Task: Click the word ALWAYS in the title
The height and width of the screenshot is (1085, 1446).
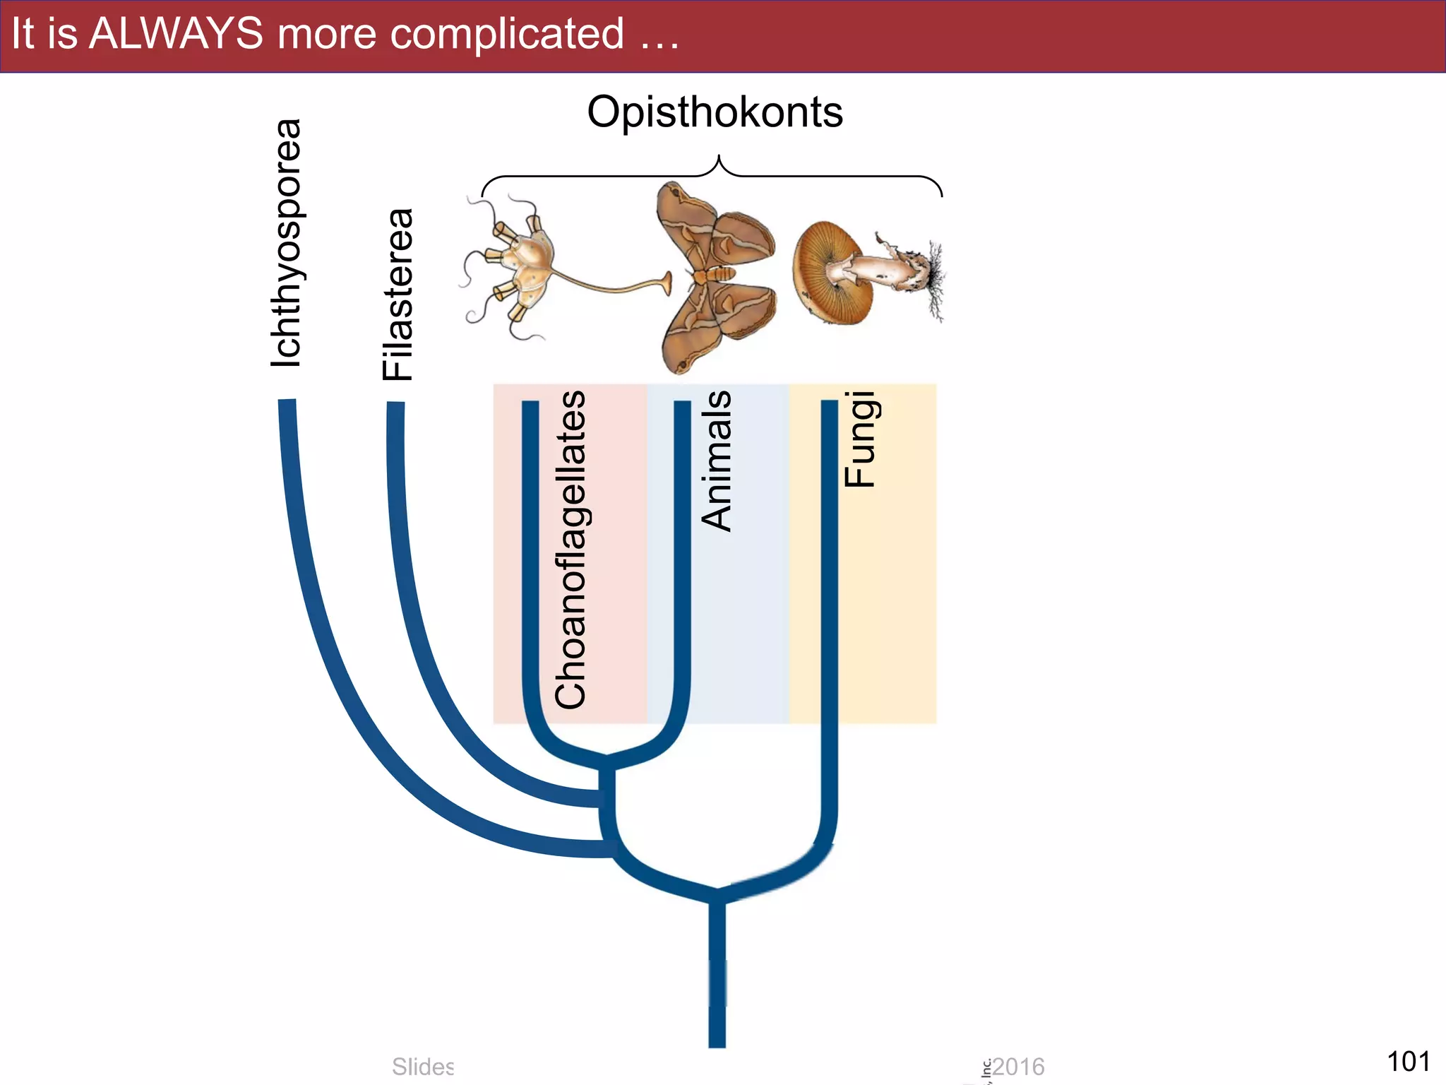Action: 176,33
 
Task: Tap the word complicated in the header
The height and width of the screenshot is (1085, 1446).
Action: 507,33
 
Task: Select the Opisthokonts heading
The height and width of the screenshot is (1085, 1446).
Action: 715,112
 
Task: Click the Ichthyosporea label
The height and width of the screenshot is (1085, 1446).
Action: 287,243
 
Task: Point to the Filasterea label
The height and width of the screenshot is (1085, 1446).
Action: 398,295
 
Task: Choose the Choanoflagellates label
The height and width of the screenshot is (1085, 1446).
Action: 570,550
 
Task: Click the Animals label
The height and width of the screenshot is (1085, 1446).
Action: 716,461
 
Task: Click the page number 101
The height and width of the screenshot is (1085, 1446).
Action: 1408,1061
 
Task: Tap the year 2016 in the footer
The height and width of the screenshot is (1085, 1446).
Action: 1018,1067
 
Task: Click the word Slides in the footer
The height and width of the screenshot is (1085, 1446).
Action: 422,1067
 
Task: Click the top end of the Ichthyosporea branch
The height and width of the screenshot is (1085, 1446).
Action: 287,404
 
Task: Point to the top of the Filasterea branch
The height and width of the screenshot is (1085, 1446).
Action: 395,406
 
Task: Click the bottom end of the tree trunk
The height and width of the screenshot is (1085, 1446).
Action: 717,1042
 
